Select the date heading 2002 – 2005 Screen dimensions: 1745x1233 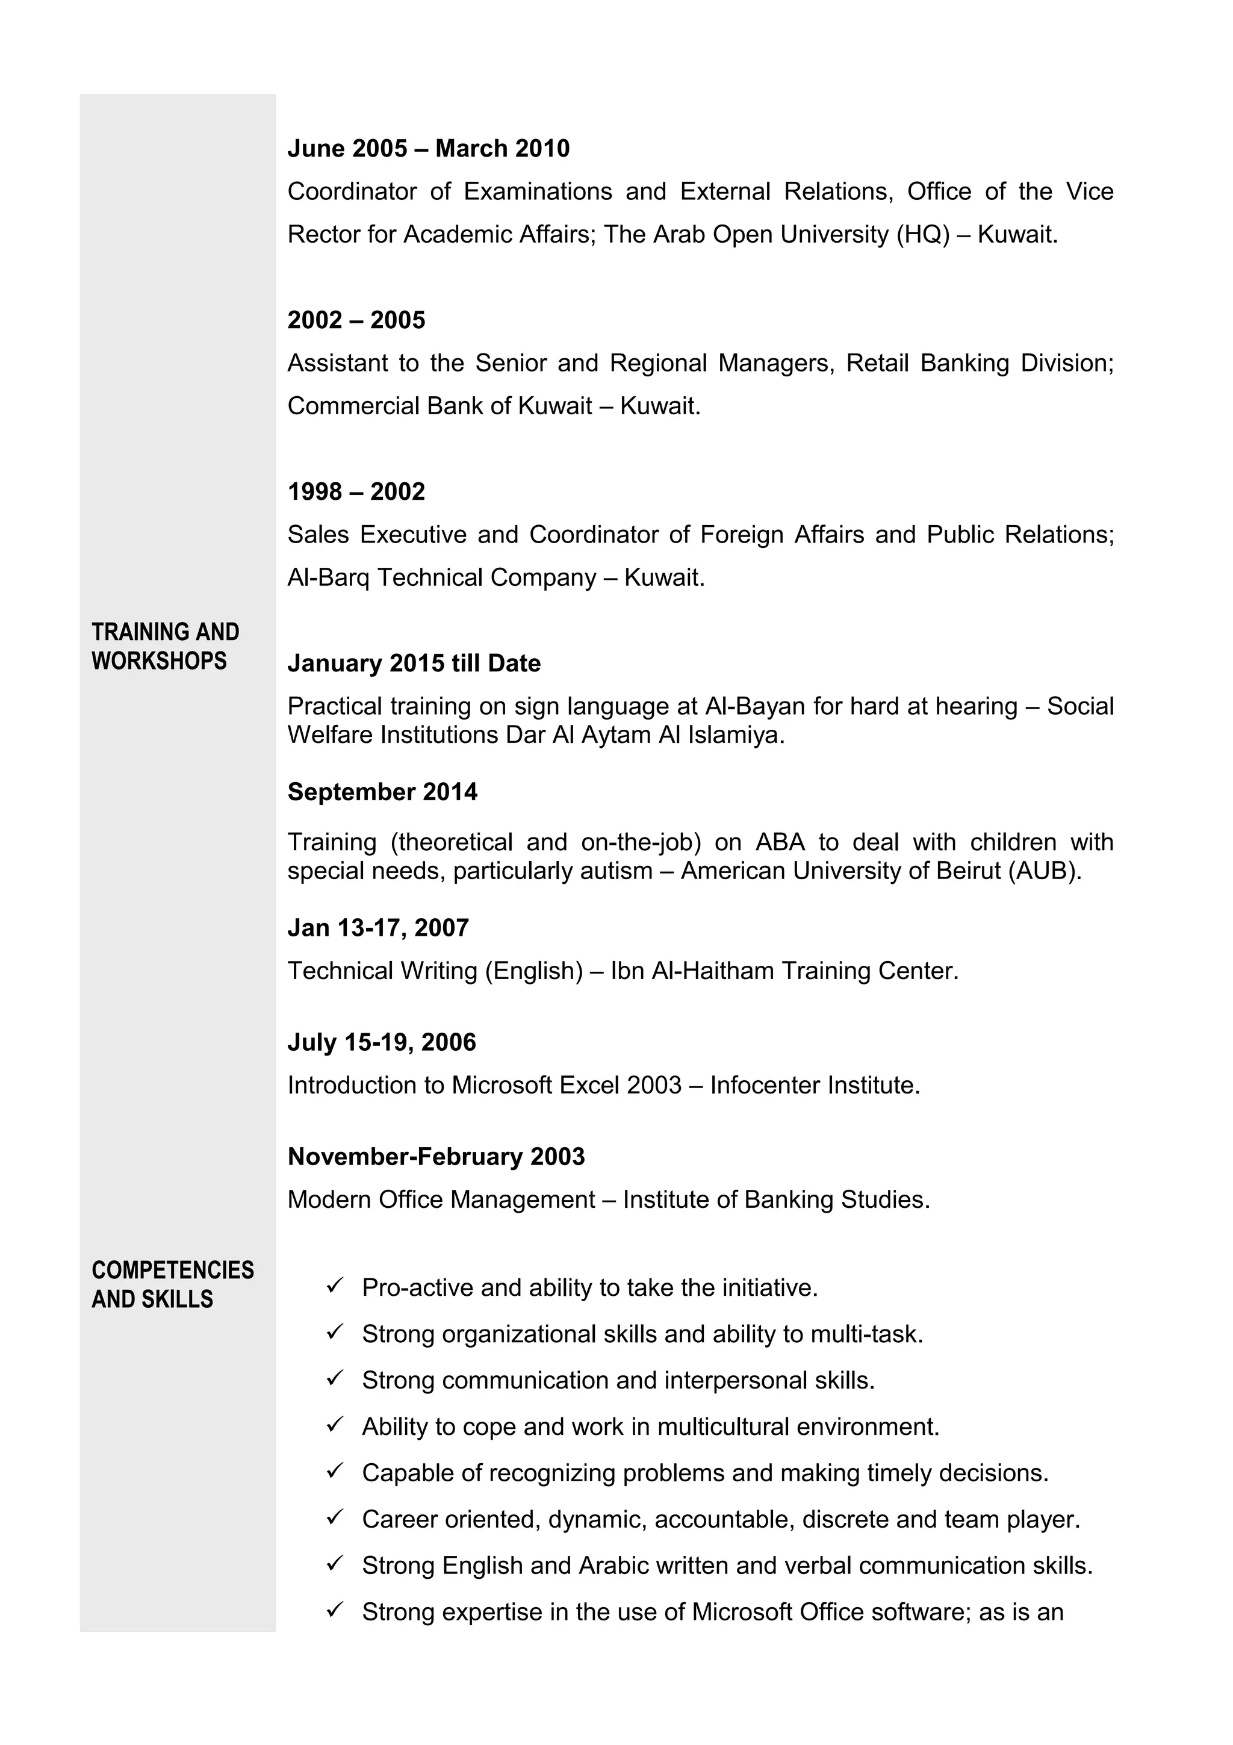point(356,320)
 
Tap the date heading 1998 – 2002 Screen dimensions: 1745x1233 point(356,492)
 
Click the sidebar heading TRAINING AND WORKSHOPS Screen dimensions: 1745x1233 point(165,646)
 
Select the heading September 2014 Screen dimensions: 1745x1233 point(382,792)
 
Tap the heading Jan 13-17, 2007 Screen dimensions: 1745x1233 point(377,928)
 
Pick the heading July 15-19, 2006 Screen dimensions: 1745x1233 point(381,1042)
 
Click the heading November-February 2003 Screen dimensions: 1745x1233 point(436,1157)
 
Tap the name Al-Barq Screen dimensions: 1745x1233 point(328,579)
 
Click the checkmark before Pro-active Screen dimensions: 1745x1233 point(335,1286)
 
